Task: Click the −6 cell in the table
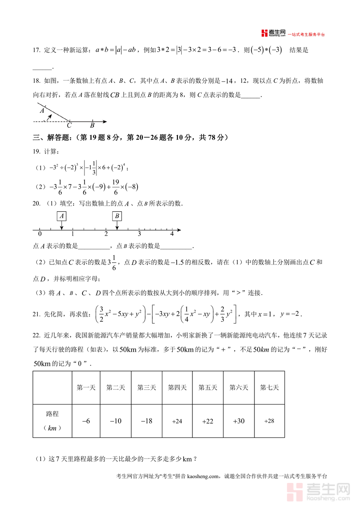pyautogui.click(x=86, y=421)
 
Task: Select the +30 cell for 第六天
pyautogui.click(x=238, y=421)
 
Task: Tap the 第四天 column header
pyautogui.click(x=177, y=387)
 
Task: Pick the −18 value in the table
pyautogui.click(x=146, y=421)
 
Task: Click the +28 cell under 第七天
pyautogui.click(x=269, y=421)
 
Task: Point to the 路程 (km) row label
pyautogui.click(x=52, y=421)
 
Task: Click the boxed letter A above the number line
pyautogui.click(x=62, y=216)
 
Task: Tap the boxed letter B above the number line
pyautogui.click(x=117, y=216)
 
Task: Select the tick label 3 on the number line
pyautogui.click(x=139, y=234)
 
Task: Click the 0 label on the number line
pyautogui.click(x=40, y=234)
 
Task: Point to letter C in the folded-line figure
pyautogui.click(x=69, y=125)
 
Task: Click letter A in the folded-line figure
pyautogui.click(x=42, y=110)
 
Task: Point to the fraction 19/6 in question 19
pyautogui.click(x=115, y=187)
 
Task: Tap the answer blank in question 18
pyautogui.click(x=251, y=95)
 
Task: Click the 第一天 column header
pyautogui.click(x=86, y=387)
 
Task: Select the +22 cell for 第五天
pyautogui.click(x=208, y=421)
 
